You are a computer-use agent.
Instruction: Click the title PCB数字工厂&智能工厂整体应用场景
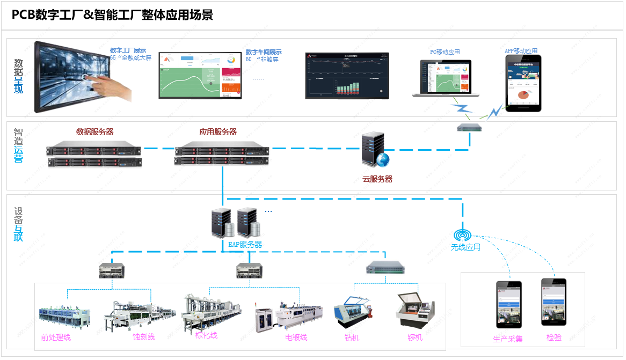(112, 15)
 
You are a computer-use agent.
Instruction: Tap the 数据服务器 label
(94, 132)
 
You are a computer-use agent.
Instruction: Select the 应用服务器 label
(218, 132)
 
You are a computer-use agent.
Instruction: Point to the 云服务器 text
(377, 179)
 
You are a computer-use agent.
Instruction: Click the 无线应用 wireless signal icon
(462, 235)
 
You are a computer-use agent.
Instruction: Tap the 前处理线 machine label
(56, 337)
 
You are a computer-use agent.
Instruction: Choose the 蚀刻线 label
(144, 337)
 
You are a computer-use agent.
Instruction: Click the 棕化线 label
(206, 335)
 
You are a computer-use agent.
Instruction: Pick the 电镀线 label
(296, 337)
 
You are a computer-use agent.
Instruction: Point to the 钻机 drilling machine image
(353, 314)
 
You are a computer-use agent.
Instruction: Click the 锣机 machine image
(415, 312)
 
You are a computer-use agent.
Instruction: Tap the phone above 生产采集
(508, 304)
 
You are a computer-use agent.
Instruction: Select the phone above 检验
(554, 302)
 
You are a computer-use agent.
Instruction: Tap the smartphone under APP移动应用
(523, 83)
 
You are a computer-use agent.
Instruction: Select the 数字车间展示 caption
(264, 52)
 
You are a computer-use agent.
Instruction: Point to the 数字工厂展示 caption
(128, 50)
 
